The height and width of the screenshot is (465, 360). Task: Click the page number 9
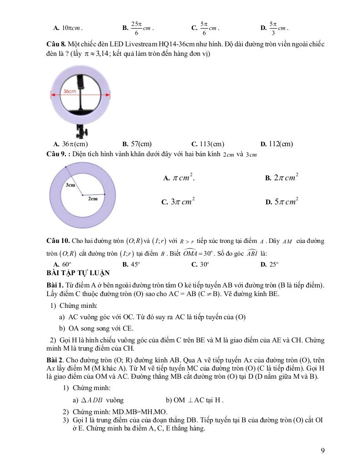tap(322, 450)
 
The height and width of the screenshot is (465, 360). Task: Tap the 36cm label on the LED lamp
tap(69, 91)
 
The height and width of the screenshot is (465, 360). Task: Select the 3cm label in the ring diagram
tap(70, 185)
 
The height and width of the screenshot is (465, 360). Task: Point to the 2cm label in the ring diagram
tap(93, 198)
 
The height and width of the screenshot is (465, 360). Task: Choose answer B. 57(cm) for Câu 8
tap(137, 144)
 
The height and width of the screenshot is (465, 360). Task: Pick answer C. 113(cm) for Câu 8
tap(208, 144)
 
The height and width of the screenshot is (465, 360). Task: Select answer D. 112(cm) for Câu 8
tap(276, 144)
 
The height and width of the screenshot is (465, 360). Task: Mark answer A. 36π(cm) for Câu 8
tap(70, 144)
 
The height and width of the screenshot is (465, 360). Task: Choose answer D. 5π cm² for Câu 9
tap(282, 202)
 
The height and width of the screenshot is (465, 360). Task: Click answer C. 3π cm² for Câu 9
tap(178, 202)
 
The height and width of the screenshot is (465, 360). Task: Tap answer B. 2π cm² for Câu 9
tap(282, 178)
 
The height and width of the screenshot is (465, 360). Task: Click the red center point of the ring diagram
tap(82, 195)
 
